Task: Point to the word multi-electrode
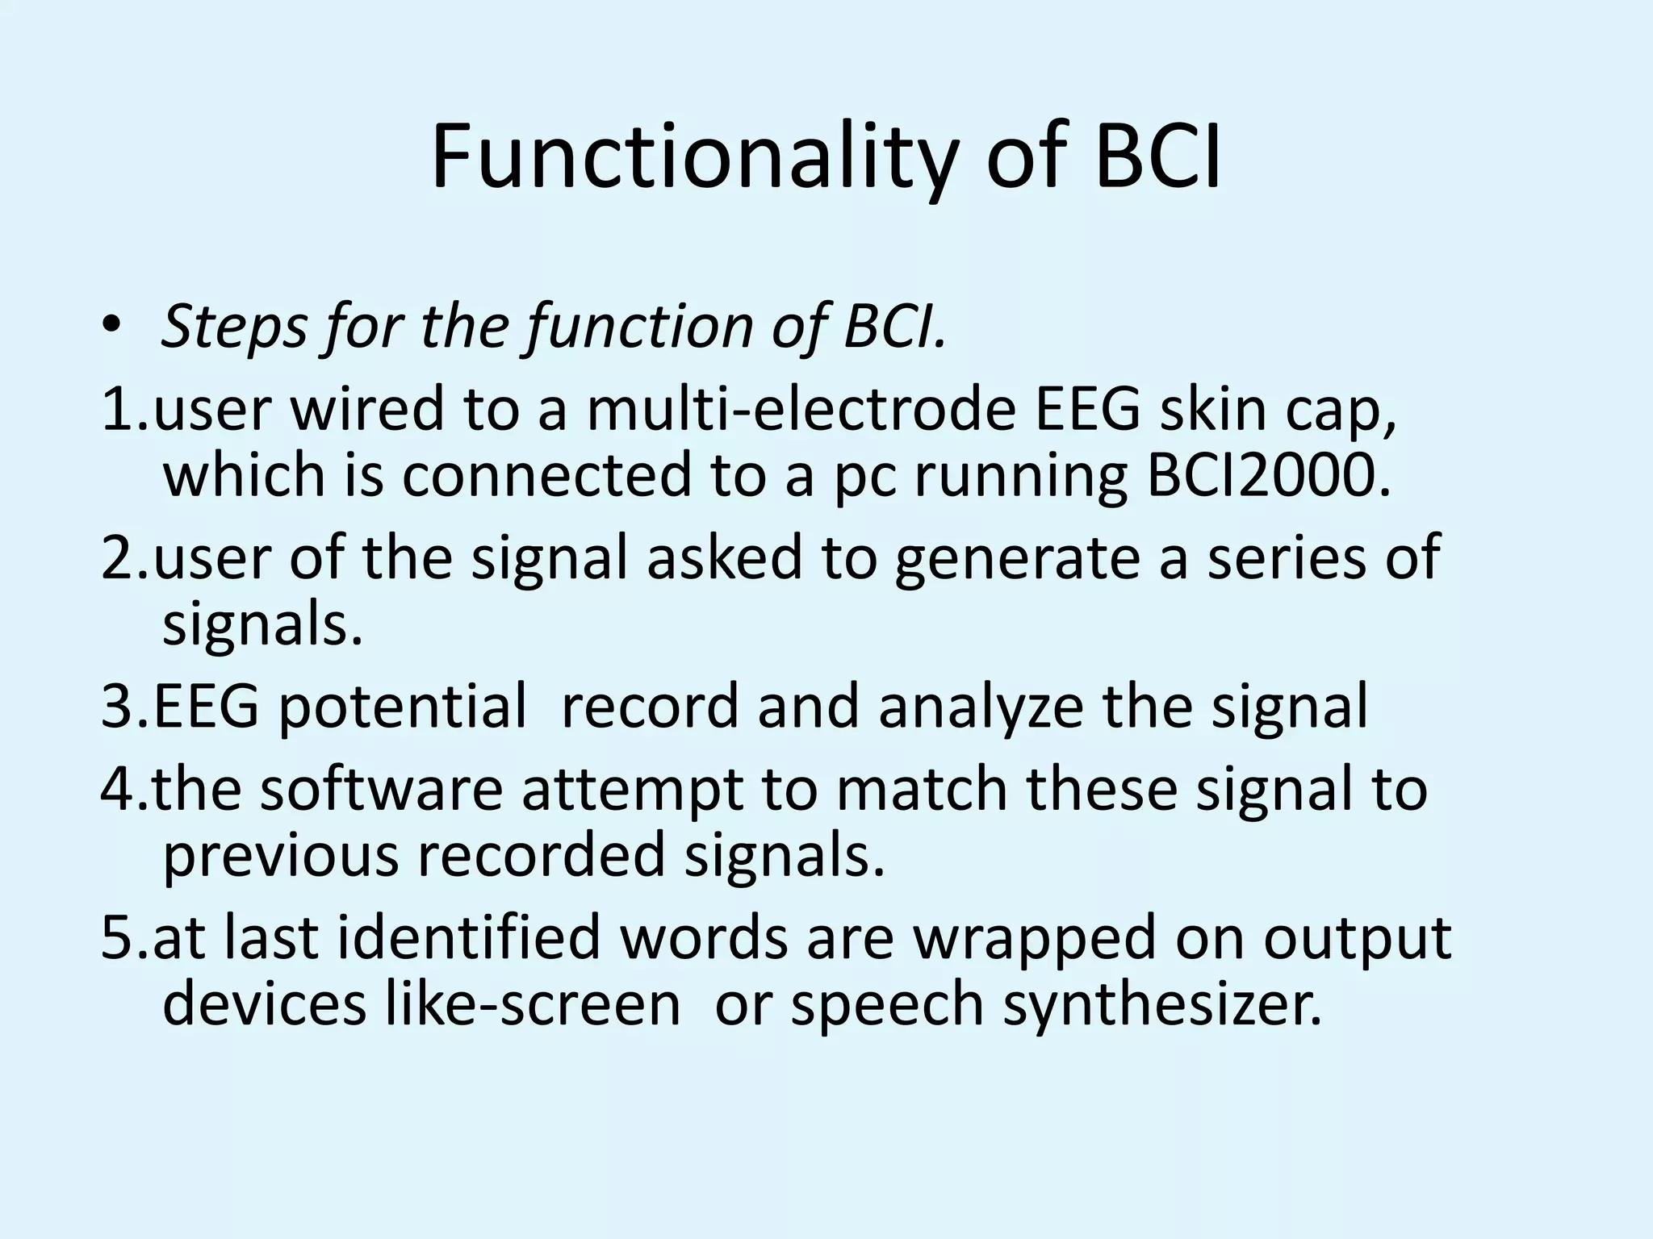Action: (800, 408)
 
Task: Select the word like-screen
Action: (533, 1004)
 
